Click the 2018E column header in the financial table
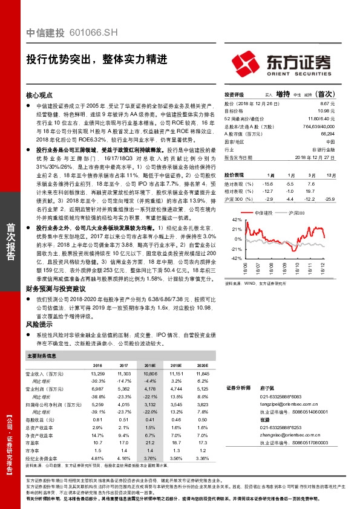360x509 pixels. click(x=149, y=366)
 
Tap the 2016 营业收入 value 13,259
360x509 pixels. click(x=97, y=375)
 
